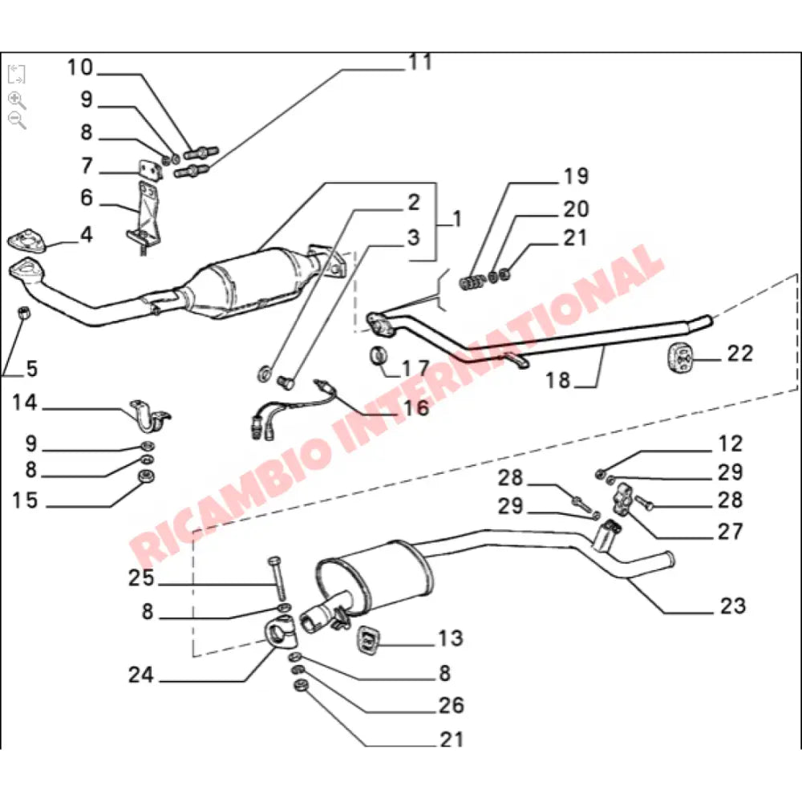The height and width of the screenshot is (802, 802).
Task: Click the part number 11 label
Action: (419, 63)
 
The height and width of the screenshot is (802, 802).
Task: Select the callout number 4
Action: (86, 235)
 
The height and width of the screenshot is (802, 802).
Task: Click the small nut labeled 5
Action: (24, 313)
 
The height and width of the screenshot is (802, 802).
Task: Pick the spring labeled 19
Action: (473, 282)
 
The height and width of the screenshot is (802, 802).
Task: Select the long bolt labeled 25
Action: (278, 578)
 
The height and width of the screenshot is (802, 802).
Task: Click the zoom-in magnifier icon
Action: (16, 99)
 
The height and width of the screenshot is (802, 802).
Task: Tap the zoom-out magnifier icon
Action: (16, 120)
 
